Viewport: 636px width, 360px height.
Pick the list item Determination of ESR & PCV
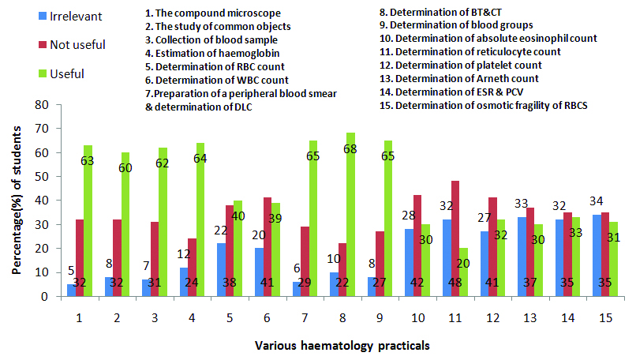[x=455, y=91]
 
